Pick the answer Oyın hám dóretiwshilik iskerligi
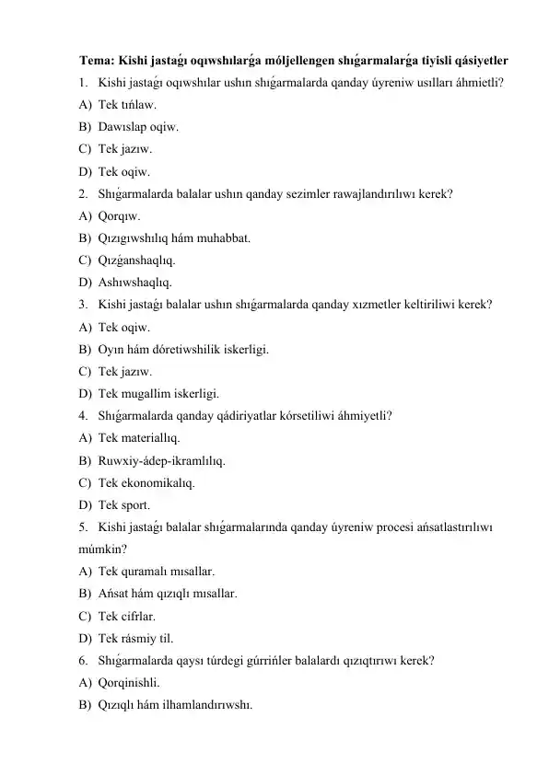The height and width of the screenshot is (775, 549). point(183,349)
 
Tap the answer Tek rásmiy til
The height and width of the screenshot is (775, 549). point(141,638)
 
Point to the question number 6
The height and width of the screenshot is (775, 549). point(83,661)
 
